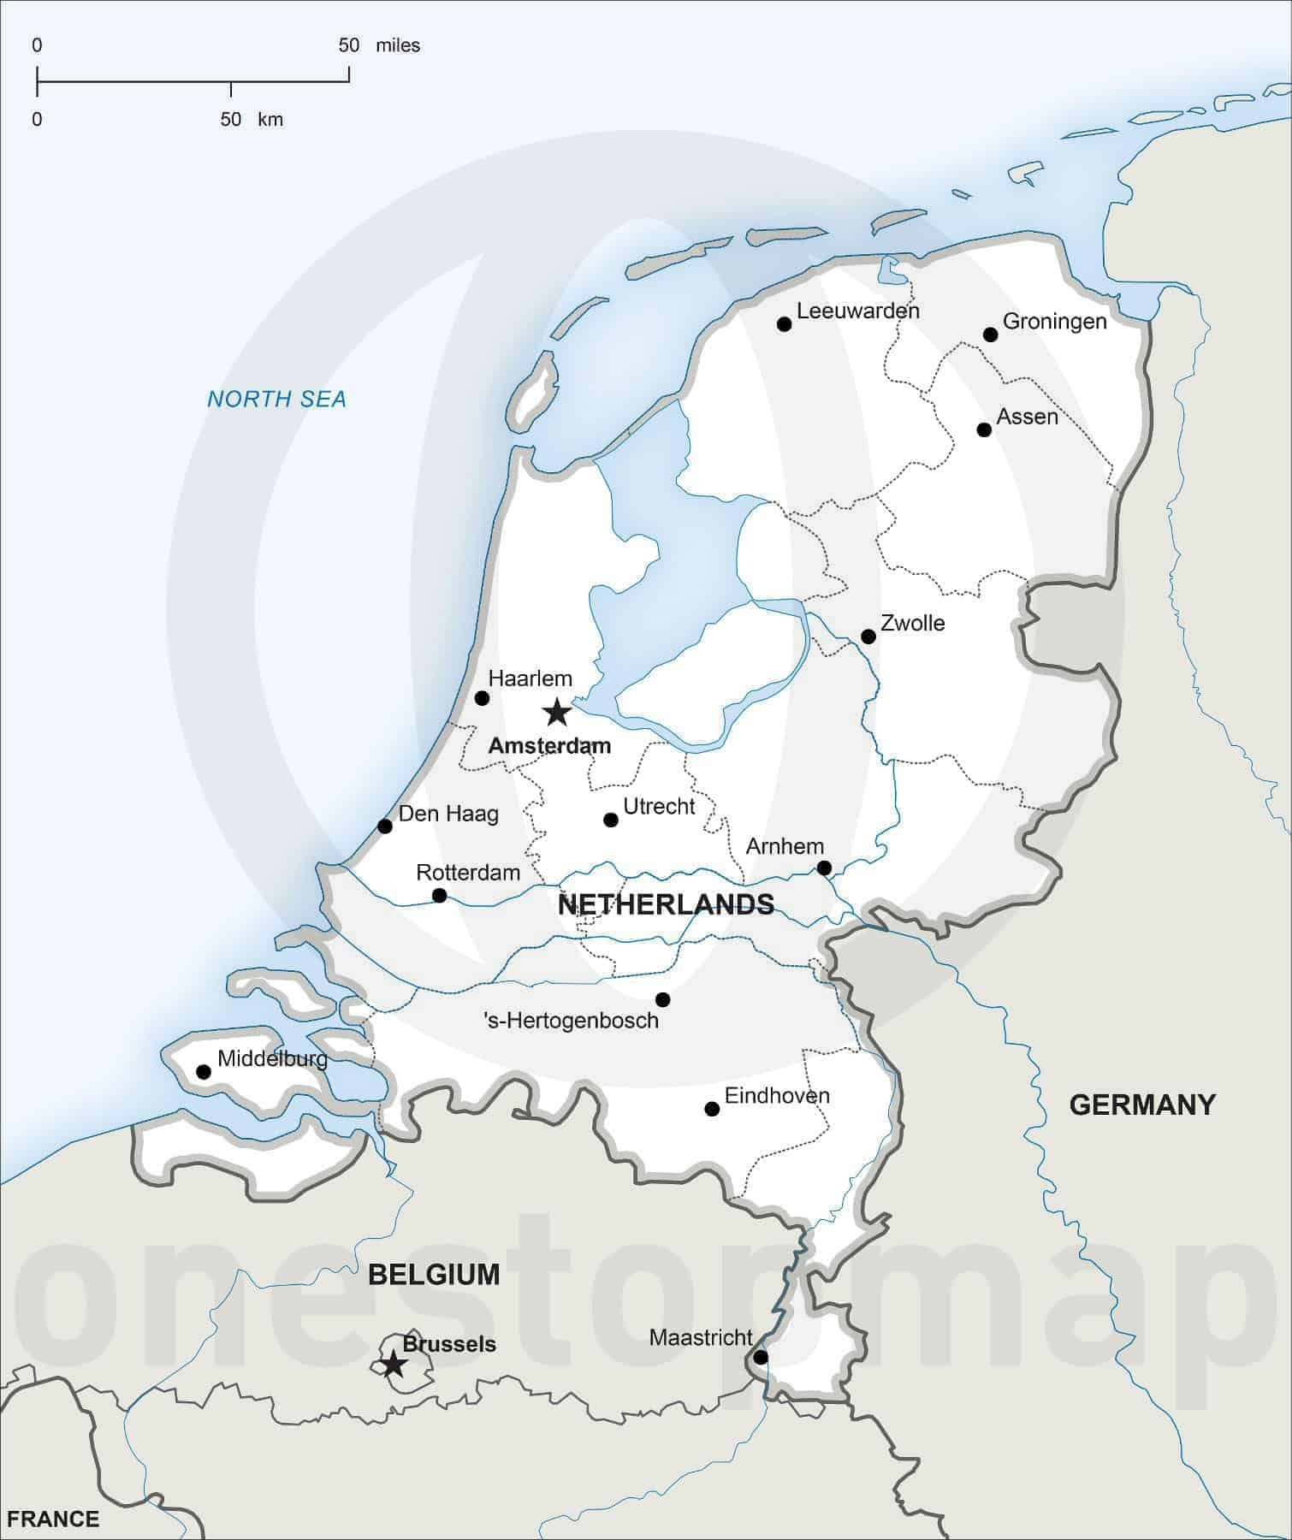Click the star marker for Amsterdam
pos(557,711)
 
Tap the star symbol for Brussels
pos(393,1364)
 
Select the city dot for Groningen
pos(991,335)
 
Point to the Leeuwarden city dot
pos(784,323)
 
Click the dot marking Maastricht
pos(761,1358)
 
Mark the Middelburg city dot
pos(204,1072)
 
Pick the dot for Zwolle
pos(868,637)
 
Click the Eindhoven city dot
pos(712,1109)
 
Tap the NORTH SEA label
pos(276,399)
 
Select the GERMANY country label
pos(1142,1105)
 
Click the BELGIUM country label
pos(434,1275)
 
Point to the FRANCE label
pos(53,1519)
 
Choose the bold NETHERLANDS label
pos(666,904)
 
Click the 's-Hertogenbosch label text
pos(572,1021)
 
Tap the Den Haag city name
pos(448,813)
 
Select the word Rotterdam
pos(468,873)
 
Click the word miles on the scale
pos(398,45)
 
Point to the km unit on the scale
pos(270,120)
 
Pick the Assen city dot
pos(985,429)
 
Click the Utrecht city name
pos(659,807)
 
